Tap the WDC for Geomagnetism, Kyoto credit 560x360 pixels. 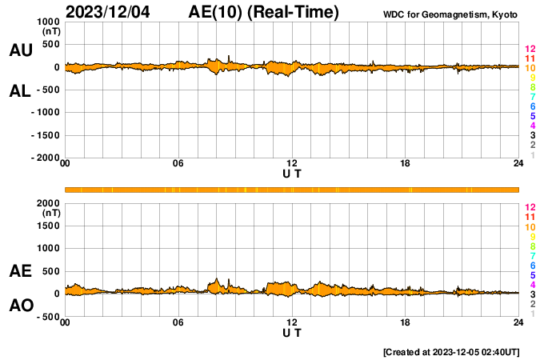point(450,14)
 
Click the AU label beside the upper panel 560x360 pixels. point(20,50)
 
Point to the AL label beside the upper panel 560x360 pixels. point(20,91)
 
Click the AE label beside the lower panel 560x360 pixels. point(20,271)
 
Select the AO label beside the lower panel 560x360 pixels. point(20,306)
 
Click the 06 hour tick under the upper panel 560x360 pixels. point(178,164)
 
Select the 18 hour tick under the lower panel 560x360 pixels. point(406,322)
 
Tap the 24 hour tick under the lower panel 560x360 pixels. point(518,322)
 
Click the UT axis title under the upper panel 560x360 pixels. point(292,173)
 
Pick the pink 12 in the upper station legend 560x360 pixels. point(530,49)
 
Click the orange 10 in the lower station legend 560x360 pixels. point(530,227)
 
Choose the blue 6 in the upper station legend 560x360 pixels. point(532,106)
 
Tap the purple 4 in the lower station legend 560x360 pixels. point(532,285)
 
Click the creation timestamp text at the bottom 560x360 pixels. point(451,352)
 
